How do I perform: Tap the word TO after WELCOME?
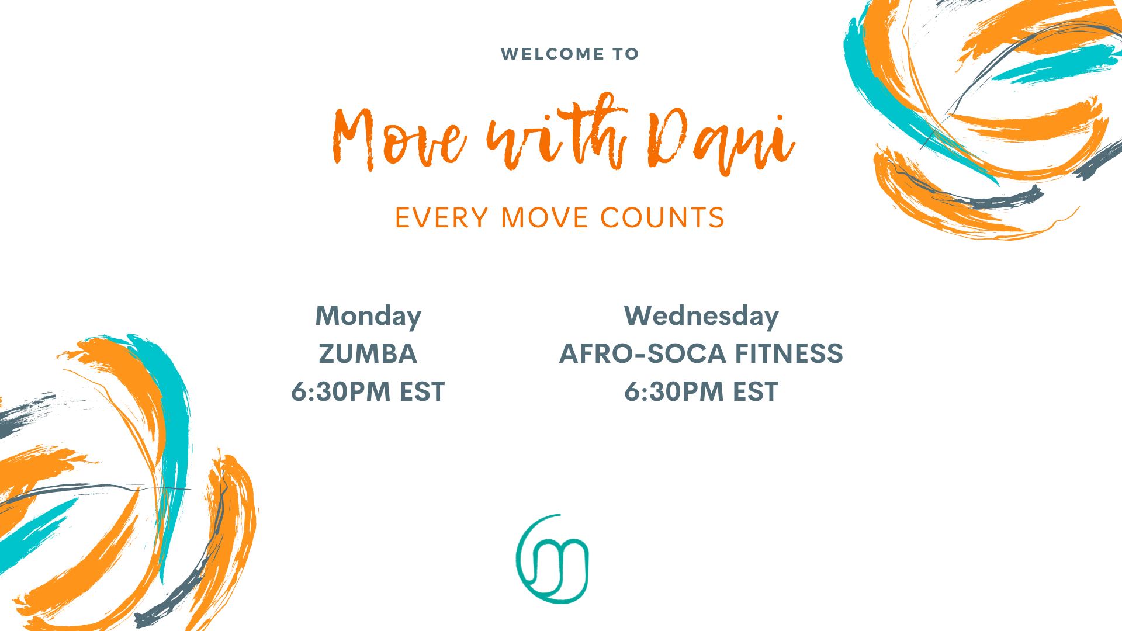pyautogui.click(x=625, y=54)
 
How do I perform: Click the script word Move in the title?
pyautogui.click(x=400, y=139)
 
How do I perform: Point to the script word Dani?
pyautogui.click(x=721, y=141)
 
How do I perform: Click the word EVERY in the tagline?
pyautogui.click(x=442, y=218)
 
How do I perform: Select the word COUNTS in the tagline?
pyautogui.click(x=663, y=218)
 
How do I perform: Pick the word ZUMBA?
pyautogui.click(x=368, y=354)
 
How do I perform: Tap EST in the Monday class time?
pyautogui.click(x=422, y=391)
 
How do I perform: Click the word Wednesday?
pyautogui.click(x=701, y=317)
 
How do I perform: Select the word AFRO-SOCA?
pyautogui.click(x=642, y=354)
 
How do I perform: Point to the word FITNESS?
pyautogui.click(x=789, y=354)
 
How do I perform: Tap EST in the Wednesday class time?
pyautogui.click(x=756, y=391)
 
